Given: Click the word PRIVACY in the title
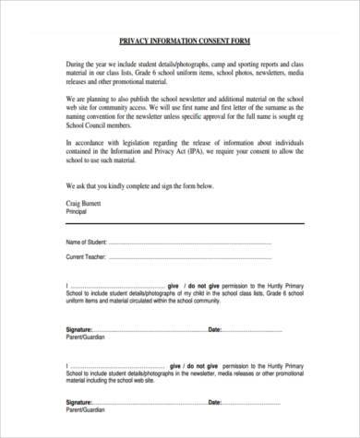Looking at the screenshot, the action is point(138,41).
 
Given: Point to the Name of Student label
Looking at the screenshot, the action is point(87,241).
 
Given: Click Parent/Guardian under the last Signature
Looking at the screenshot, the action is point(86,411).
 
